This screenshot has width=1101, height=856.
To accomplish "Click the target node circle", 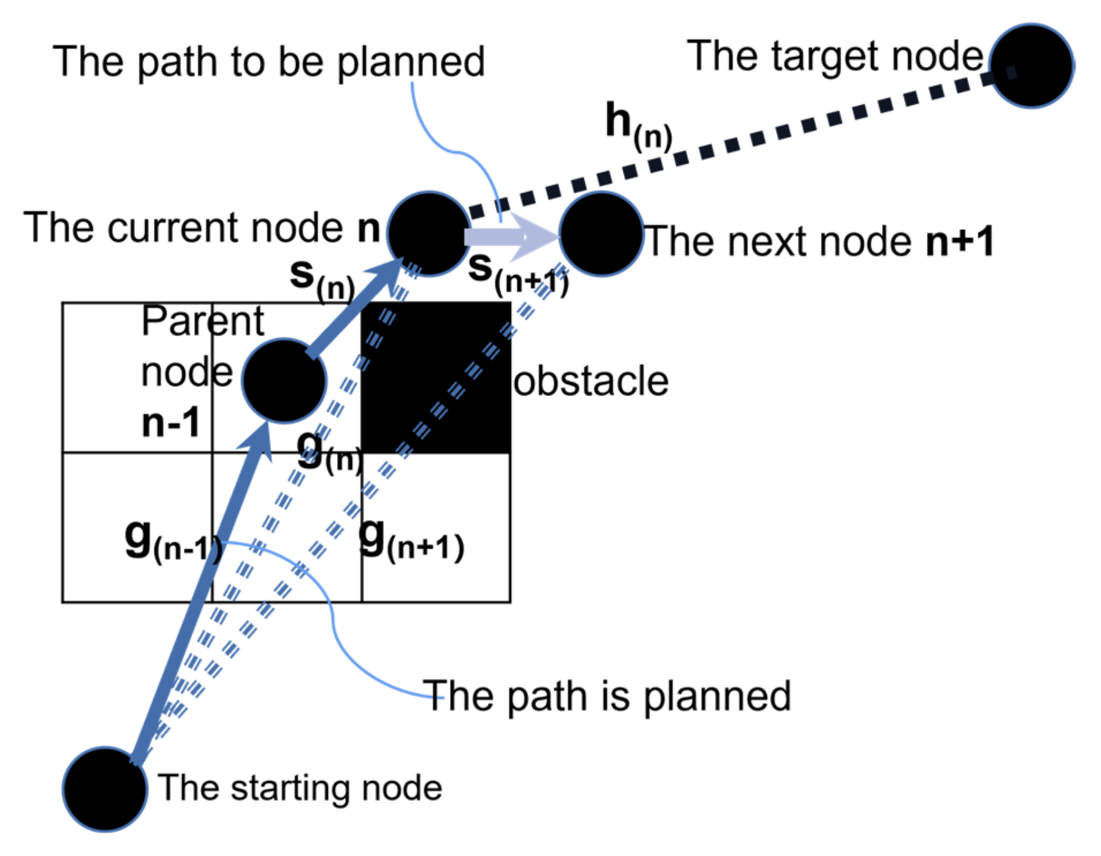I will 1032,66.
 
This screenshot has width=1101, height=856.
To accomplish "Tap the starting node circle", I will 105,789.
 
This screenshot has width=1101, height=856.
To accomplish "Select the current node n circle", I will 429,234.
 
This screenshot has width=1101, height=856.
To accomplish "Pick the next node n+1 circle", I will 601,234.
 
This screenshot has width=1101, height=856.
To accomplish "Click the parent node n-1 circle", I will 284,381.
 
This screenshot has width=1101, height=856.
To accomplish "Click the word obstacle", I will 590,381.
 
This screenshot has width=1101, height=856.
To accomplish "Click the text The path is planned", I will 607,697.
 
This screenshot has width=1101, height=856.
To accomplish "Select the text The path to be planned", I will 269,62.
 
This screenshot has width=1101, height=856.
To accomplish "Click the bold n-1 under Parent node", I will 170,423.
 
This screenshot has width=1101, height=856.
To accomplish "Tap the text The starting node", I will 300,788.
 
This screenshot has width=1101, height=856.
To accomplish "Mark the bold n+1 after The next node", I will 959,241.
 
